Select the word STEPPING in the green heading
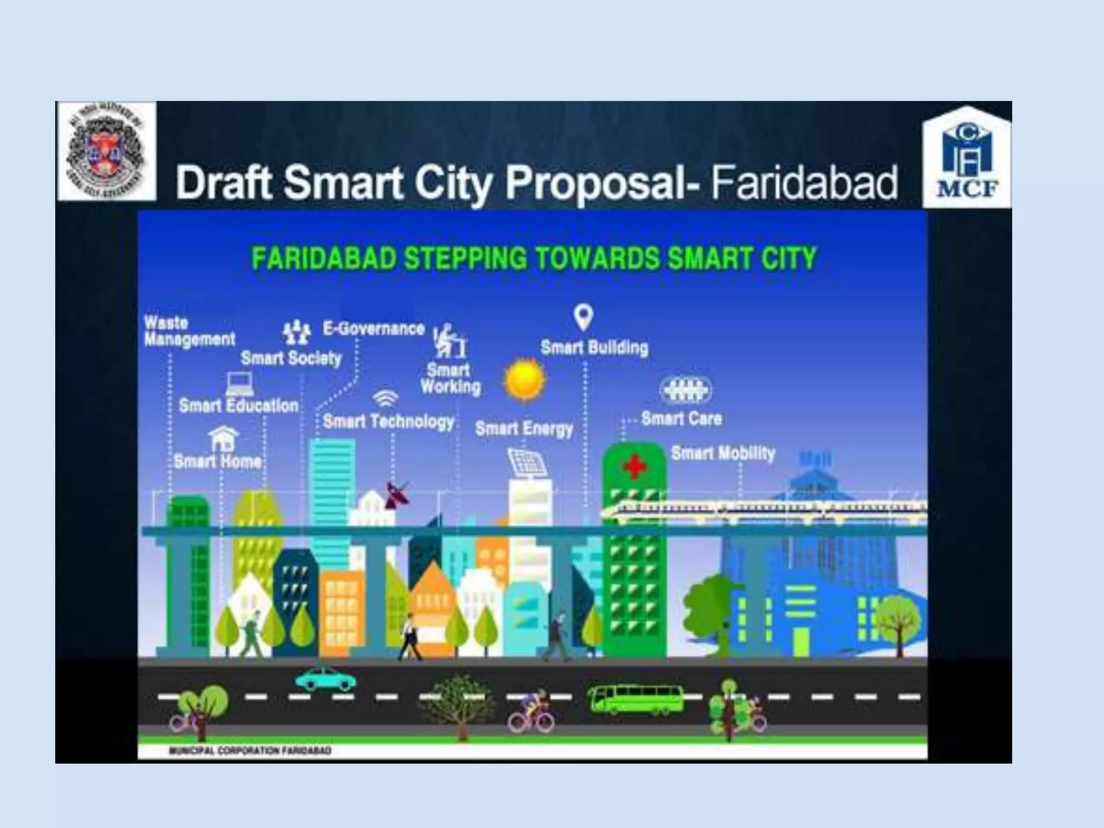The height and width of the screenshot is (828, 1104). click(465, 258)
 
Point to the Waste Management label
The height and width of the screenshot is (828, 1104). click(189, 331)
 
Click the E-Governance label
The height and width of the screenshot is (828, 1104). click(374, 329)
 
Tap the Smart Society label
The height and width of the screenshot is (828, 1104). click(291, 358)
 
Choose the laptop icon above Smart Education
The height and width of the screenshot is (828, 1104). click(239, 384)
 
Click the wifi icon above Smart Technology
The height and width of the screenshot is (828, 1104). click(386, 398)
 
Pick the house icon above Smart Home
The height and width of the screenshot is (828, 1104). click(223, 438)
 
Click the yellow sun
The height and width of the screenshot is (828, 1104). click(524, 379)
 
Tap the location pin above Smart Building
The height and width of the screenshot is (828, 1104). click(583, 317)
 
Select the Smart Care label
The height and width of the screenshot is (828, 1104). click(681, 418)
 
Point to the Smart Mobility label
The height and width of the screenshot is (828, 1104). click(723, 453)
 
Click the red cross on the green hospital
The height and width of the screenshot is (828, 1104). click(634, 466)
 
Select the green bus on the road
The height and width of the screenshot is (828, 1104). click(635, 699)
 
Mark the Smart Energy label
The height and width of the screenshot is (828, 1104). click(524, 429)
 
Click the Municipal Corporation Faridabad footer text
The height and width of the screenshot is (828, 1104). click(250, 750)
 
